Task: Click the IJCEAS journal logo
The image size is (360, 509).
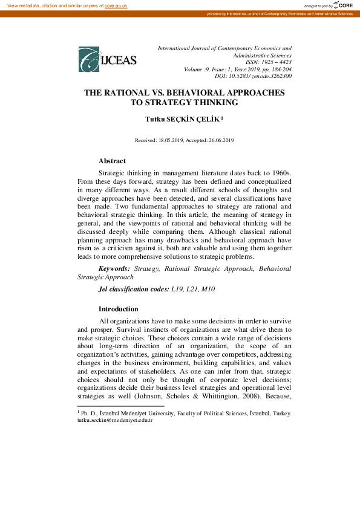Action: (x=108, y=59)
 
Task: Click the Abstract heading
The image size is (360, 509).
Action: (x=112, y=161)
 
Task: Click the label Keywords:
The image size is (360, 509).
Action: (x=114, y=267)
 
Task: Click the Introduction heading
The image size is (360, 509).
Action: (x=119, y=309)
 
